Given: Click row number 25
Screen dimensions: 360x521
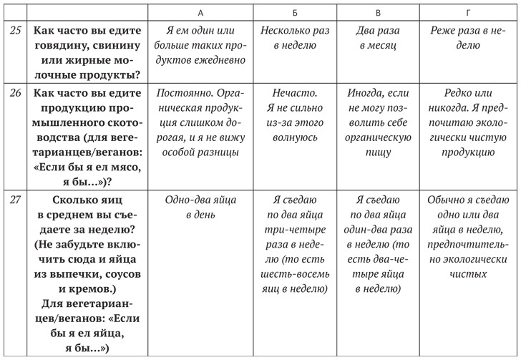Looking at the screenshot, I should coord(14,31).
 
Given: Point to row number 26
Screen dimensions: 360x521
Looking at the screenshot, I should coord(14,93).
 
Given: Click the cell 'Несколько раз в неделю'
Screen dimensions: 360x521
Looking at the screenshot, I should coord(290,37).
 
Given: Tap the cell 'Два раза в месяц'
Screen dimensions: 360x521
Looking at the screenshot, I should coord(378,37).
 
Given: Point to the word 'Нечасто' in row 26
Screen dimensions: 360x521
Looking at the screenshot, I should coord(290,93).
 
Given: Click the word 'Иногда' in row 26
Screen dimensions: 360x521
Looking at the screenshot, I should coord(366,93).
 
